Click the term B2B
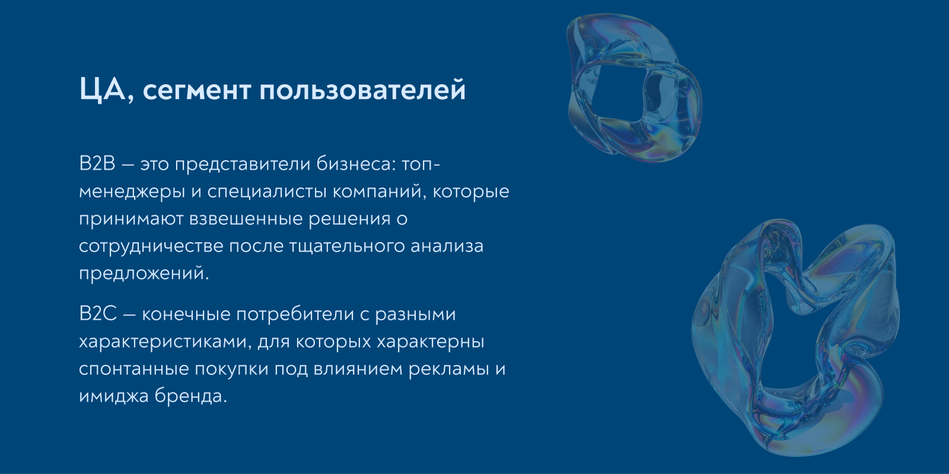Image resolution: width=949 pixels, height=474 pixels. tap(97, 164)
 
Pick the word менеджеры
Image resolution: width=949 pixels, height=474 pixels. tap(132, 192)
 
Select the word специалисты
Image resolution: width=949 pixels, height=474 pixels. tap(267, 192)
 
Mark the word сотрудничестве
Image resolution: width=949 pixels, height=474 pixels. tap(151, 246)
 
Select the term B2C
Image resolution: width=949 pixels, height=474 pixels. tap(98, 314)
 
